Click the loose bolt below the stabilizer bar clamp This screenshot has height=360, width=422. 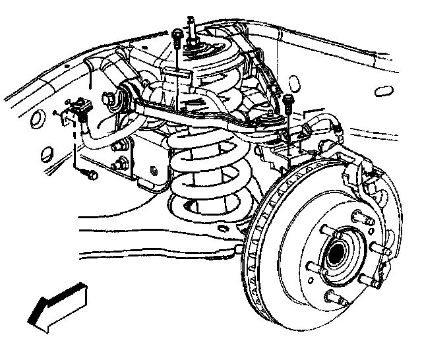coord(90,175)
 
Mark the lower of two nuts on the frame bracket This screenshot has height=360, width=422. coord(121,164)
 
